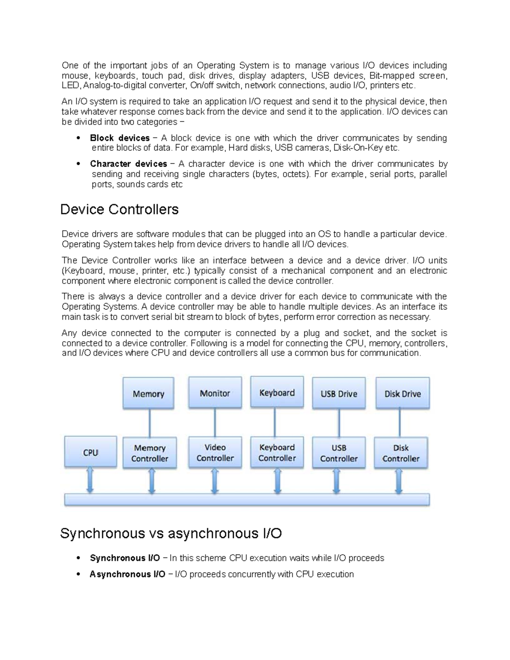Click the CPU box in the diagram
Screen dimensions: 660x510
click(x=91, y=452)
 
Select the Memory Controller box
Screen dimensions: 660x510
click(x=150, y=453)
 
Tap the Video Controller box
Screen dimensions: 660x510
click(x=215, y=453)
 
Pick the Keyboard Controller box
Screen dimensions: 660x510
click(x=277, y=453)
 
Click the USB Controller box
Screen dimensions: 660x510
click(x=339, y=453)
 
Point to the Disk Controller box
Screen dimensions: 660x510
click(x=401, y=453)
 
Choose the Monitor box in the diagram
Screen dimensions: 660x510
click(x=215, y=393)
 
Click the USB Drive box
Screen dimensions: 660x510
click(x=339, y=394)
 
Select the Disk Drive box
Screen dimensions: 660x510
click(x=402, y=394)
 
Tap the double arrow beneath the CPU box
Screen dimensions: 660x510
click(x=90, y=481)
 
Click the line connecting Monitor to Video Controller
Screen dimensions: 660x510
click(x=215, y=422)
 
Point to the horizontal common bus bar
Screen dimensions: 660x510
click(x=246, y=500)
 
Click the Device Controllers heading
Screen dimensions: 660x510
click(x=119, y=210)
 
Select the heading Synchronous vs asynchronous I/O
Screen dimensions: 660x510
click(x=171, y=533)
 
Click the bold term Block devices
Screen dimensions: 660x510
click(x=119, y=138)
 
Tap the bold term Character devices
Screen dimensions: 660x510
click(x=128, y=164)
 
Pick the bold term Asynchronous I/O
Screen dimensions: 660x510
click(x=127, y=574)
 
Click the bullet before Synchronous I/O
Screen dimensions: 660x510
click(x=78, y=558)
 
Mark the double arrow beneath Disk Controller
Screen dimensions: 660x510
click(x=399, y=481)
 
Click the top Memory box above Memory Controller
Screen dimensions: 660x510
click(x=148, y=394)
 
